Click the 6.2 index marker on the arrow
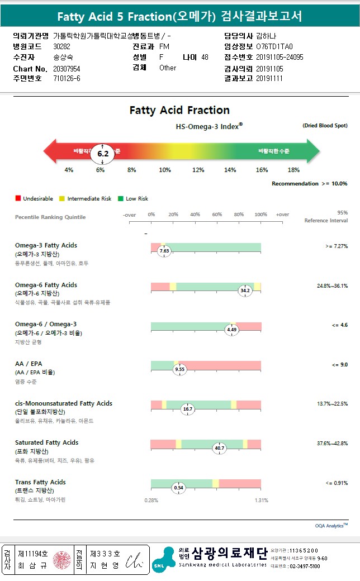pyautogui.click(x=102, y=153)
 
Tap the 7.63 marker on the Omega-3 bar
pyautogui.click(x=164, y=251)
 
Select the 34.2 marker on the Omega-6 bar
pyautogui.click(x=245, y=290)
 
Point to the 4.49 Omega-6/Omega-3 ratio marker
pyautogui.click(x=232, y=330)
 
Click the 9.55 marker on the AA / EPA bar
pyautogui.click(x=179, y=369)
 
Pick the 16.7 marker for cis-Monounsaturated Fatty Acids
pyautogui.click(x=188, y=409)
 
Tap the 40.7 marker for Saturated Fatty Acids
pyautogui.click(x=220, y=448)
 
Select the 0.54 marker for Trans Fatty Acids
pyautogui.click(x=179, y=488)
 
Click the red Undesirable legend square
pyautogui.click(x=18, y=198)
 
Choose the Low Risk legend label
pyautogui.click(x=137, y=198)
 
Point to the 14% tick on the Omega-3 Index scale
pyautogui.click(x=230, y=170)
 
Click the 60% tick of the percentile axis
pyautogui.click(x=217, y=215)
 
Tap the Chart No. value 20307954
pyautogui.click(x=67, y=68)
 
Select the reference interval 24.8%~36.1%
pyautogui.click(x=332, y=285)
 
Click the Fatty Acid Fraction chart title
pyautogui.click(x=179, y=110)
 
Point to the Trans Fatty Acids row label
pyautogui.click(x=40, y=482)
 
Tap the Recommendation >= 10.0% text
pyautogui.click(x=309, y=183)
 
